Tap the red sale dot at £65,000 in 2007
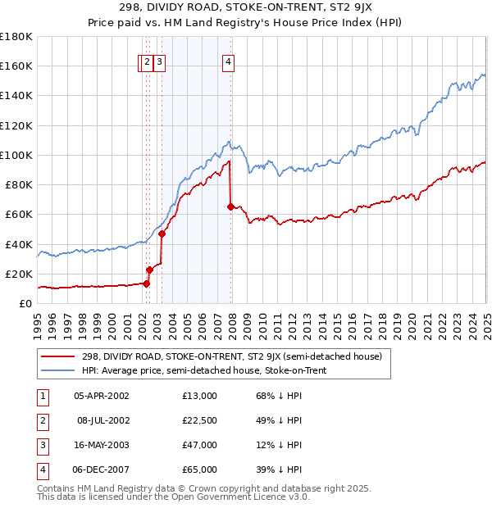point(230,206)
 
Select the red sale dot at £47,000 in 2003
point(162,234)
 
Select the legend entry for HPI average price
point(204,370)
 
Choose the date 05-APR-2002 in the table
point(101,396)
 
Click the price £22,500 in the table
point(199,420)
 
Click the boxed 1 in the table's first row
point(39,396)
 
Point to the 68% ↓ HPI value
point(280,396)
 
